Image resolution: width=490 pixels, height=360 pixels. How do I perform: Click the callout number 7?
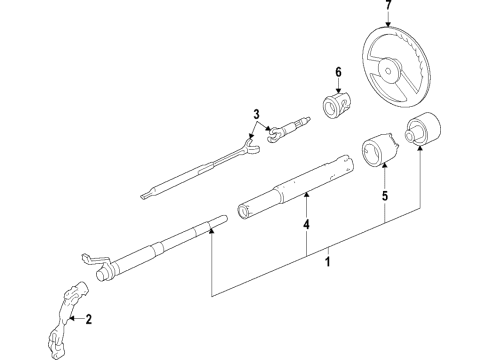(x=388, y=5)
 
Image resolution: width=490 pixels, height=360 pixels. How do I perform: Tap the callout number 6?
(x=338, y=72)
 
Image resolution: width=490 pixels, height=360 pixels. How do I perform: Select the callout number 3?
(x=256, y=114)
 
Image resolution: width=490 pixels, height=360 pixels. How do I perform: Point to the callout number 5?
(x=385, y=196)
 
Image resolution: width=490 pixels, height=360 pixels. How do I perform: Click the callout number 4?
(x=306, y=224)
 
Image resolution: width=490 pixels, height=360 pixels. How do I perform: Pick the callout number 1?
(x=328, y=261)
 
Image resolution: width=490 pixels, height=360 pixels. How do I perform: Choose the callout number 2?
(x=88, y=319)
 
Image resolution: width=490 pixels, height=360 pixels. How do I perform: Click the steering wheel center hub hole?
(x=388, y=71)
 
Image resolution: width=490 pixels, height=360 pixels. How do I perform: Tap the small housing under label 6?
(x=337, y=104)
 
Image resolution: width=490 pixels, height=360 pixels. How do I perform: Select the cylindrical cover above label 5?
(x=380, y=150)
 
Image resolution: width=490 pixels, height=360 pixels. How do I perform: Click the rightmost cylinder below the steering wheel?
(x=424, y=128)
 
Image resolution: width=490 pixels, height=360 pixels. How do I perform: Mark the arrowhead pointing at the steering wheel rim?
(x=388, y=24)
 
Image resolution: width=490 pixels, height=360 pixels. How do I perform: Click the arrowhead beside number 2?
(x=72, y=319)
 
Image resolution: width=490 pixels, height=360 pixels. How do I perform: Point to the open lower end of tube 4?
(x=243, y=212)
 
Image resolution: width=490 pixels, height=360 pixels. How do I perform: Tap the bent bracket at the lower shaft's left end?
(x=94, y=260)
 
